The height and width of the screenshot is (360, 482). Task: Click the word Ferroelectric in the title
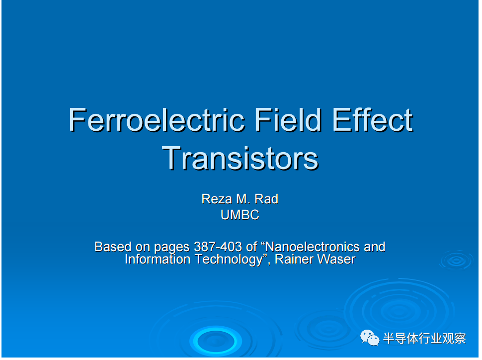(x=157, y=120)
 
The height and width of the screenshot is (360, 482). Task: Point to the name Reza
(x=217, y=199)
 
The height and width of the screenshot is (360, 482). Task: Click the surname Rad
(x=266, y=199)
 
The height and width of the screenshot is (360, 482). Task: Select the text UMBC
(x=240, y=215)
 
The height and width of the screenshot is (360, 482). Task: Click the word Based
(x=113, y=247)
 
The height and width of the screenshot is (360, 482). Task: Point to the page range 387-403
(x=218, y=247)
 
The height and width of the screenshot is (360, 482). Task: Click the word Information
(x=158, y=259)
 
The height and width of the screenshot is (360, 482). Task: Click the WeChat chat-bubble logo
(x=370, y=338)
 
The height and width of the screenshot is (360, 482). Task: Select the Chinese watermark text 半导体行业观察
(x=424, y=339)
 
